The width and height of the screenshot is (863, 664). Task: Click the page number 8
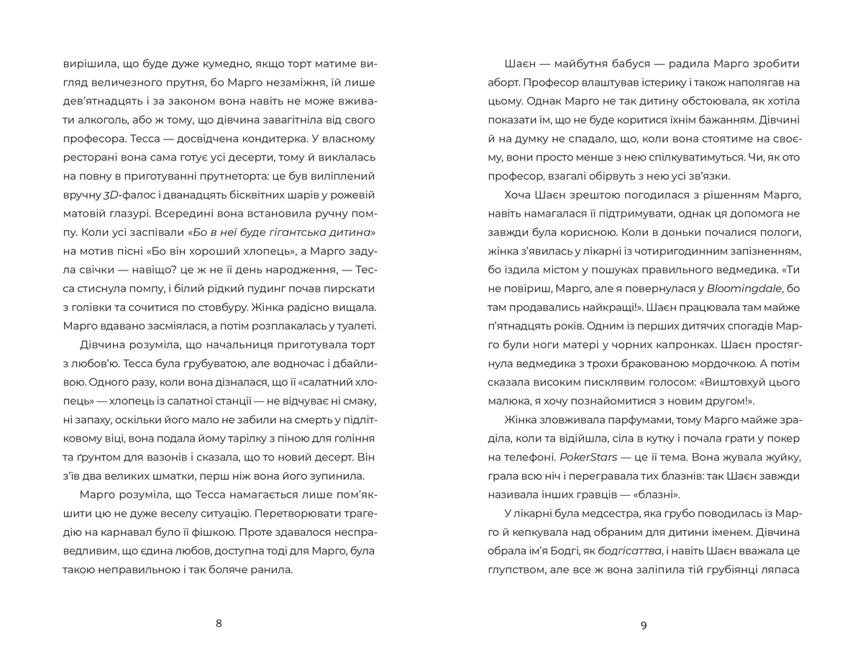[x=219, y=623]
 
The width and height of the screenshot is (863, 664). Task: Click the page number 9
[x=644, y=625]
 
